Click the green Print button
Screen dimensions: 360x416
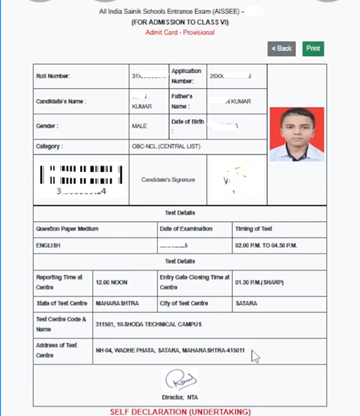[313, 48]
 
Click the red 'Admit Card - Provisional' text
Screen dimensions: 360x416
[180, 32]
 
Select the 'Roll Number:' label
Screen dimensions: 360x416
[53, 76]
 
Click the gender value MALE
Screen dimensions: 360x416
[140, 126]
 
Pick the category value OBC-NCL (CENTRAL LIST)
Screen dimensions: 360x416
[166, 147]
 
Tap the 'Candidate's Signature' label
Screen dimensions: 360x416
[168, 180]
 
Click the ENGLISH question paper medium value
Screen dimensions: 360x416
[48, 246]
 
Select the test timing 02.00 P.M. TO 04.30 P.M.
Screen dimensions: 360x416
[267, 246]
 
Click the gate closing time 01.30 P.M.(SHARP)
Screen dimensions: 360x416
[261, 282]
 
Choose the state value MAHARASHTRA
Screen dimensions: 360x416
[117, 304]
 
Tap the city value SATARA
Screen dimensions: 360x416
[248, 304]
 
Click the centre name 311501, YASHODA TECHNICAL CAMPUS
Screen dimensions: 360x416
[149, 324]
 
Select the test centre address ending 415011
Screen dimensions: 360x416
[170, 350]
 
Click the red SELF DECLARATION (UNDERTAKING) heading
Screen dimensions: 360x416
[180, 411]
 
